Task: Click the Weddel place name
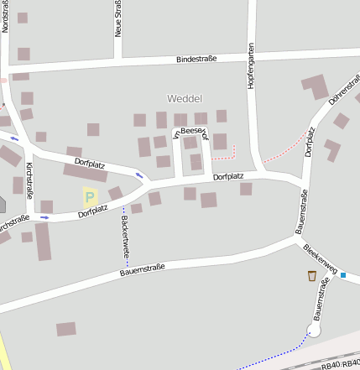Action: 185,99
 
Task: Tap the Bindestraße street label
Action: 197,59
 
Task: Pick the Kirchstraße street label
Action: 29,181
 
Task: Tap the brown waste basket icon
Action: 312,275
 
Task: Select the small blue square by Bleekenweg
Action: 343,274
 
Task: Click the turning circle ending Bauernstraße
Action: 314,331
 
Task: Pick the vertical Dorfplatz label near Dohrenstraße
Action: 309,142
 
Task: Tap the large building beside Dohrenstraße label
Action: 316,86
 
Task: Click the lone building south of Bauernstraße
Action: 66,329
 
